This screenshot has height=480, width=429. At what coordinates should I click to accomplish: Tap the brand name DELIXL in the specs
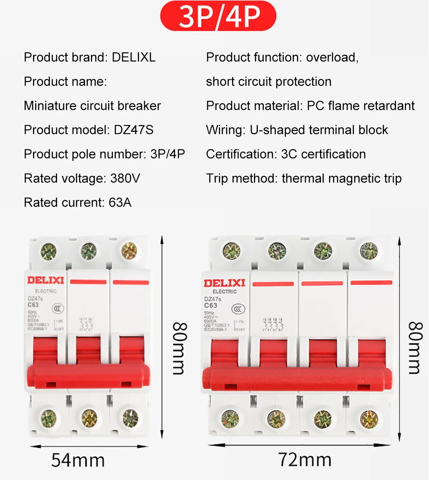[133, 57]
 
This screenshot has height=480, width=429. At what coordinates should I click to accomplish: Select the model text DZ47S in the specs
[133, 130]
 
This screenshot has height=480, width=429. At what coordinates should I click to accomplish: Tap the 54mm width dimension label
[78, 460]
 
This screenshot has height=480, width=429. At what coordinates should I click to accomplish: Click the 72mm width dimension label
[305, 460]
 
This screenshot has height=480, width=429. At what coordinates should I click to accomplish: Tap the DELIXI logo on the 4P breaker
[224, 283]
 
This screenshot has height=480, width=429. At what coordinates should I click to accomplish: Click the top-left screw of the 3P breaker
[48, 252]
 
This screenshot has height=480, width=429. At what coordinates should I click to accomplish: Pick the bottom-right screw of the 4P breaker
[369, 418]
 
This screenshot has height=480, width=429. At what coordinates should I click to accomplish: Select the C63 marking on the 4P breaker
[210, 306]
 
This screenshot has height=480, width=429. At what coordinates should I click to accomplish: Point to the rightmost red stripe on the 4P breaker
[371, 283]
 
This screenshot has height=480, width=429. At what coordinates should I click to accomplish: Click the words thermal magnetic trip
[341, 178]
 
